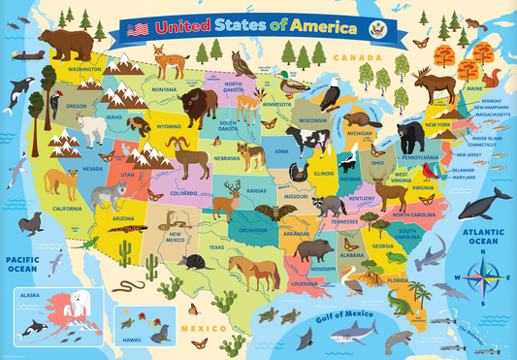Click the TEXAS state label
(214, 247)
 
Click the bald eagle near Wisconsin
(331, 95)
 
